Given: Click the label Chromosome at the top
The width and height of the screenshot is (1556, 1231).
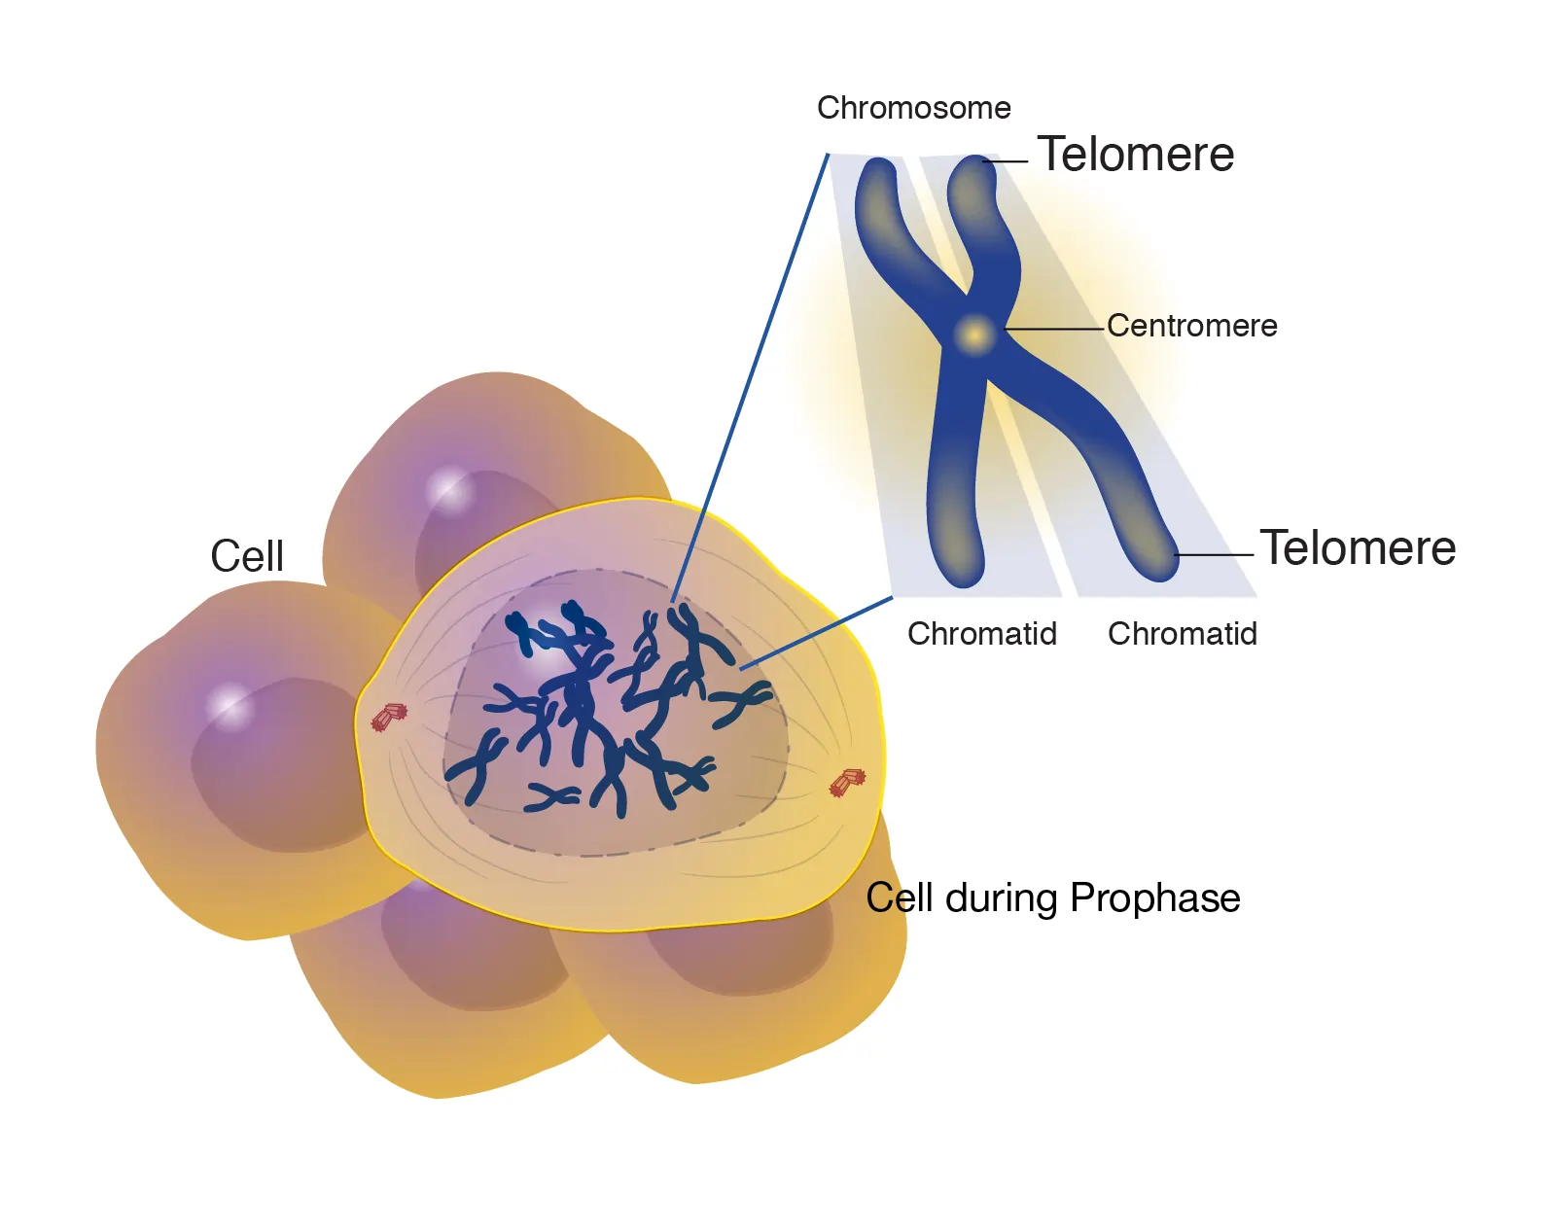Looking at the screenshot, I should pyautogui.click(x=913, y=108).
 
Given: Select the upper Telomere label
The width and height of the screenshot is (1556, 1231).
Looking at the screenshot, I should pyautogui.click(x=1135, y=155).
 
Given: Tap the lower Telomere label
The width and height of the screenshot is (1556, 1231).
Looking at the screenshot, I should pyautogui.click(x=1358, y=548).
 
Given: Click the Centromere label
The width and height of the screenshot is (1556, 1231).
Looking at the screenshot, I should pyautogui.click(x=1191, y=326).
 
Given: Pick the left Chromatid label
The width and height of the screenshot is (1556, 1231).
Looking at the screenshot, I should pyautogui.click(x=981, y=634).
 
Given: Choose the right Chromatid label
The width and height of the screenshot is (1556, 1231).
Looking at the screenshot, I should pyautogui.click(x=1182, y=634).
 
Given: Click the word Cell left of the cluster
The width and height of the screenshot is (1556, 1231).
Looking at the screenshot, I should pyautogui.click(x=247, y=557).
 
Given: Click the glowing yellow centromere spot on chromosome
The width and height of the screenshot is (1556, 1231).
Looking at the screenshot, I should pyautogui.click(x=973, y=334).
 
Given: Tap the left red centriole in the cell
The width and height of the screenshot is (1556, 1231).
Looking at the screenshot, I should pyautogui.click(x=389, y=718).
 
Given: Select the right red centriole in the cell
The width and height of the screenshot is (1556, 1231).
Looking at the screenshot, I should pyautogui.click(x=847, y=782).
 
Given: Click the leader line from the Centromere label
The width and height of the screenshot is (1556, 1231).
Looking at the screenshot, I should pyautogui.click(x=1055, y=330).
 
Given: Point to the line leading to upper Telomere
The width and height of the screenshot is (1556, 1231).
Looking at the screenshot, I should pyautogui.click(x=1008, y=161).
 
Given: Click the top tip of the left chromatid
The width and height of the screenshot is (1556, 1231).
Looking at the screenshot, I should pyautogui.click(x=879, y=170).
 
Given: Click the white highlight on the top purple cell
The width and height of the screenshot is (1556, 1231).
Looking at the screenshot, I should pyautogui.click(x=449, y=487).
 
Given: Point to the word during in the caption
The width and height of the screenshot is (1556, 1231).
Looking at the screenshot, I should pyautogui.click(x=1001, y=898).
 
